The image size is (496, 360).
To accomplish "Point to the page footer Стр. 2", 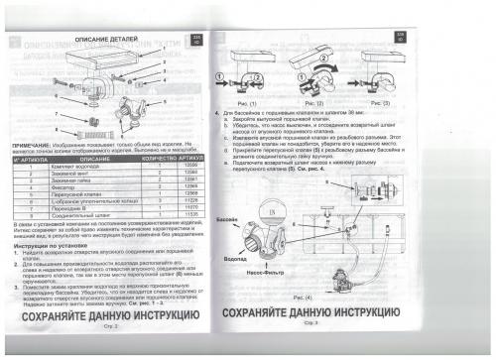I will point(111,325).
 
